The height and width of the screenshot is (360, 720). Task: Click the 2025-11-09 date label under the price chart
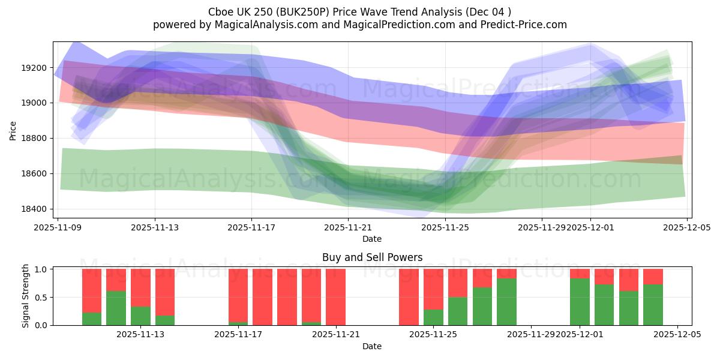(x=58, y=227)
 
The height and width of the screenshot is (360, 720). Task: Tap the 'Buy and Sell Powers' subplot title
(x=372, y=257)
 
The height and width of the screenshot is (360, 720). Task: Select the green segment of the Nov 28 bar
(x=506, y=302)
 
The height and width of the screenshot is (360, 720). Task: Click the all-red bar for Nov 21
(x=335, y=297)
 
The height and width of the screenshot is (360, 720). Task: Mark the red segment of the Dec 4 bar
(x=653, y=276)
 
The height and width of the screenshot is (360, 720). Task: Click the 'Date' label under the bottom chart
(x=372, y=346)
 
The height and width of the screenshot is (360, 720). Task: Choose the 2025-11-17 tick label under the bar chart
(x=238, y=335)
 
